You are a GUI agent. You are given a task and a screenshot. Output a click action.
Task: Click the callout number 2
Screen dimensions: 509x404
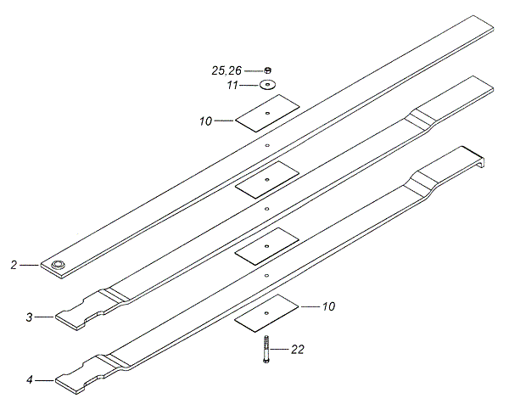(14, 265)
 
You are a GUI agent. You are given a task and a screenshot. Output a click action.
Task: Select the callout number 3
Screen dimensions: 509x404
(30, 317)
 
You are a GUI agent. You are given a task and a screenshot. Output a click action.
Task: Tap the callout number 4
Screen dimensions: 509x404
(30, 379)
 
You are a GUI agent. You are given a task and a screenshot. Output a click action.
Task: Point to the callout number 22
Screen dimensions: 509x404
(298, 350)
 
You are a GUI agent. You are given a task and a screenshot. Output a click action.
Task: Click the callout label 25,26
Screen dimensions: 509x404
(227, 70)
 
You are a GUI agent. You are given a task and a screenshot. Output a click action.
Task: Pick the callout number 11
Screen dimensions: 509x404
(232, 86)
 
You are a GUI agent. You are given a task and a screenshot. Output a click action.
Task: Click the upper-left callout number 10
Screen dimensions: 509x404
(206, 121)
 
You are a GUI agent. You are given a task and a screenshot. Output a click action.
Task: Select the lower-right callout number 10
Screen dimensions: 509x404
(328, 306)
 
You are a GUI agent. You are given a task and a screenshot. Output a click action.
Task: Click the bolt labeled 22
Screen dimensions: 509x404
(266, 350)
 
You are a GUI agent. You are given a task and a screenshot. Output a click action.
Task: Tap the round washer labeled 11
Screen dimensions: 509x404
(267, 85)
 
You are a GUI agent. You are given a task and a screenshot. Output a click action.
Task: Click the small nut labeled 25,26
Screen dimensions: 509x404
(268, 70)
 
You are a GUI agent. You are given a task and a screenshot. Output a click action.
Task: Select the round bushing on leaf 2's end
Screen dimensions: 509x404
(59, 264)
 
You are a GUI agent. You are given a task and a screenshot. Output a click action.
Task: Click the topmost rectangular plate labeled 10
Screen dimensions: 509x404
(267, 114)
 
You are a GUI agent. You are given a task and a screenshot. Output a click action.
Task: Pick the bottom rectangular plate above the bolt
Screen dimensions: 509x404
(266, 313)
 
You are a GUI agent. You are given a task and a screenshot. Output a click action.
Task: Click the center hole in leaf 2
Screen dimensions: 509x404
(267, 145)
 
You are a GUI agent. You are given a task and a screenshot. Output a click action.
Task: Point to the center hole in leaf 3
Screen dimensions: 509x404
(266, 209)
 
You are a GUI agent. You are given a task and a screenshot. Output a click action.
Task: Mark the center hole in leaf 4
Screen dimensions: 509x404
(266, 275)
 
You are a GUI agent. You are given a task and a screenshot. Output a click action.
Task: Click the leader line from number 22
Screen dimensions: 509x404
(279, 350)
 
